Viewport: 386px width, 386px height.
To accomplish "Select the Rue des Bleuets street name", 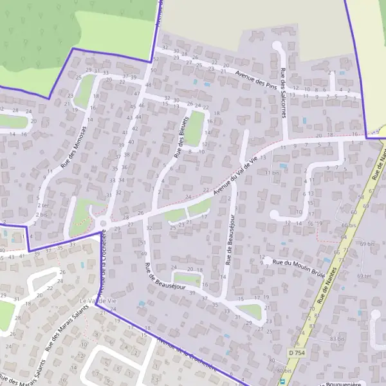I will pos(180,135).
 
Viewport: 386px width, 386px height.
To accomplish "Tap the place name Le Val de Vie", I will pos(99,300).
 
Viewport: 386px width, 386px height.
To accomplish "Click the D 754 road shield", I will pos(296,353).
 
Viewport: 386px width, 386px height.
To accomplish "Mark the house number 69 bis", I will pos(367,244).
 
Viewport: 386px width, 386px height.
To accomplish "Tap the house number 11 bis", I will pos(277,172).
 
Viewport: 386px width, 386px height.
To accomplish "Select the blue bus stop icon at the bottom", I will pos(281,381).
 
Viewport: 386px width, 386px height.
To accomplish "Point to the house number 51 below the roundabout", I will pos(143,243).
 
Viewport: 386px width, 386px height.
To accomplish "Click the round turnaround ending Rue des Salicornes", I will pos(277,46).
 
